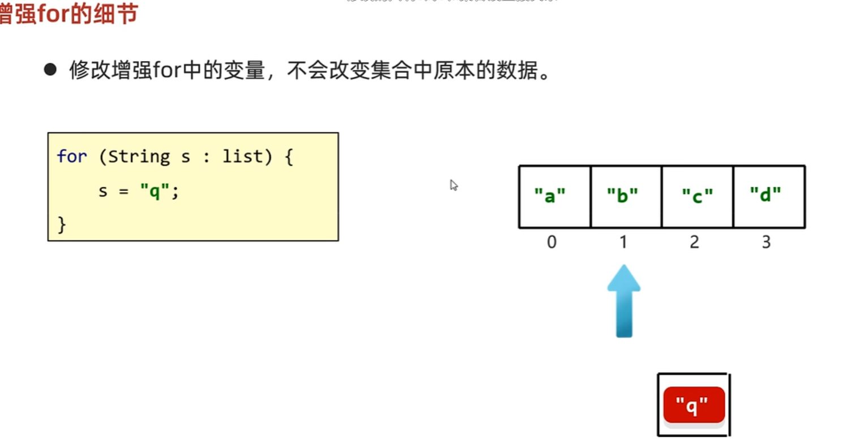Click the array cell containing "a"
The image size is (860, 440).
tap(554, 196)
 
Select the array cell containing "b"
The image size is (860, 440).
tap(626, 196)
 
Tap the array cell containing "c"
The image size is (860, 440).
tap(697, 196)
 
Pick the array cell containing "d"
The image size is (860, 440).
tap(768, 196)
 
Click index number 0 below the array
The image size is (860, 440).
tap(551, 242)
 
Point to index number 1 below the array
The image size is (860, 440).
tap(623, 242)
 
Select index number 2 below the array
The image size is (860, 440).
tap(695, 242)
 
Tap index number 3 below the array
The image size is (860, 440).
tap(766, 242)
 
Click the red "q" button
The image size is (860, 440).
tap(694, 405)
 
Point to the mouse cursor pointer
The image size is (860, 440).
tap(453, 185)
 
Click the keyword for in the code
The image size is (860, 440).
tap(72, 157)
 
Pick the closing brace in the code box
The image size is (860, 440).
tap(62, 225)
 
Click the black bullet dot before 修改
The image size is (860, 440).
tap(51, 71)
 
